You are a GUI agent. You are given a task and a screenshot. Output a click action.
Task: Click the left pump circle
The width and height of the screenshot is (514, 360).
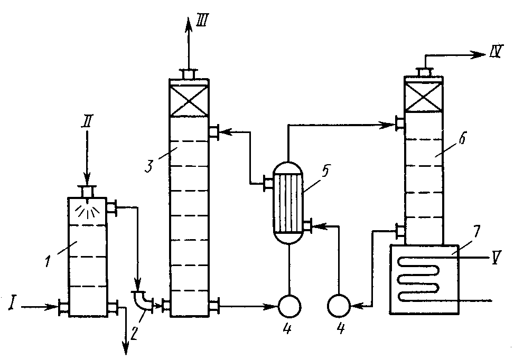[289, 305]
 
